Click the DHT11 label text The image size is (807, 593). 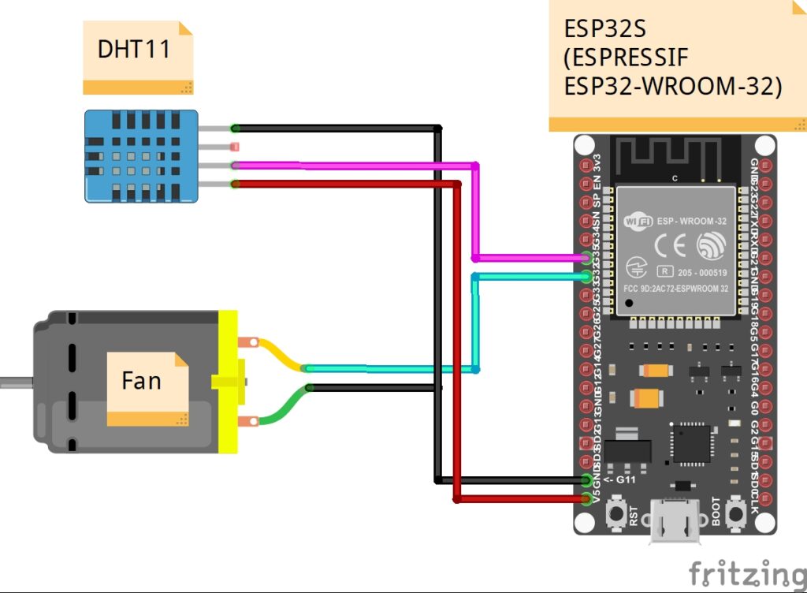(x=134, y=49)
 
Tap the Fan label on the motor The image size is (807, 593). (x=141, y=381)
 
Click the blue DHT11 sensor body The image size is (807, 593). (x=141, y=155)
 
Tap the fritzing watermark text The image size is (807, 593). (x=747, y=573)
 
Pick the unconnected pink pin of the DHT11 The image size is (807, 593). (x=234, y=147)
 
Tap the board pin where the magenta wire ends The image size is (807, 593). (x=586, y=258)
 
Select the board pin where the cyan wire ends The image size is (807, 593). (x=586, y=276)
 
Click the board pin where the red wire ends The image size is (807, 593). (x=586, y=498)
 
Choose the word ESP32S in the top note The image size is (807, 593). (x=604, y=29)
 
